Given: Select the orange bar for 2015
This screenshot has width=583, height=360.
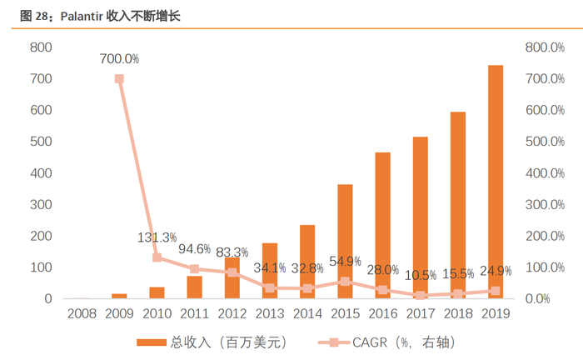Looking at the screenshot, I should click(345, 242).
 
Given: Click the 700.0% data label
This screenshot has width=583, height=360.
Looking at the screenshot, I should click(119, 59).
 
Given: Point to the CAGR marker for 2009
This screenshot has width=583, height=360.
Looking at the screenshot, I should click(119, 78).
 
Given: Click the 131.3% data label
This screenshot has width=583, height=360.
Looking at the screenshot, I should click(157, 237).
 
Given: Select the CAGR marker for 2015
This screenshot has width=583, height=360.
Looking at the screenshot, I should click(345, 282).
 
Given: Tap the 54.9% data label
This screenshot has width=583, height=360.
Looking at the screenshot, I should click(345, 262).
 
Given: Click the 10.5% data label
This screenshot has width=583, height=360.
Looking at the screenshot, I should click(420, 276).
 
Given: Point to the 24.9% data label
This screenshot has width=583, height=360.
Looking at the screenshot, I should click(495, 271).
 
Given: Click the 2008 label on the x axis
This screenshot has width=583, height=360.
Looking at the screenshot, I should click(82, 314).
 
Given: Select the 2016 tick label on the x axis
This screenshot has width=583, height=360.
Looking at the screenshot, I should click(382, 314).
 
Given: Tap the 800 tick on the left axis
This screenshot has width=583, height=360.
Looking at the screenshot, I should click(41, 47).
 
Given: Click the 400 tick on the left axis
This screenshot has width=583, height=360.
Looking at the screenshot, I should click(41, 173).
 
